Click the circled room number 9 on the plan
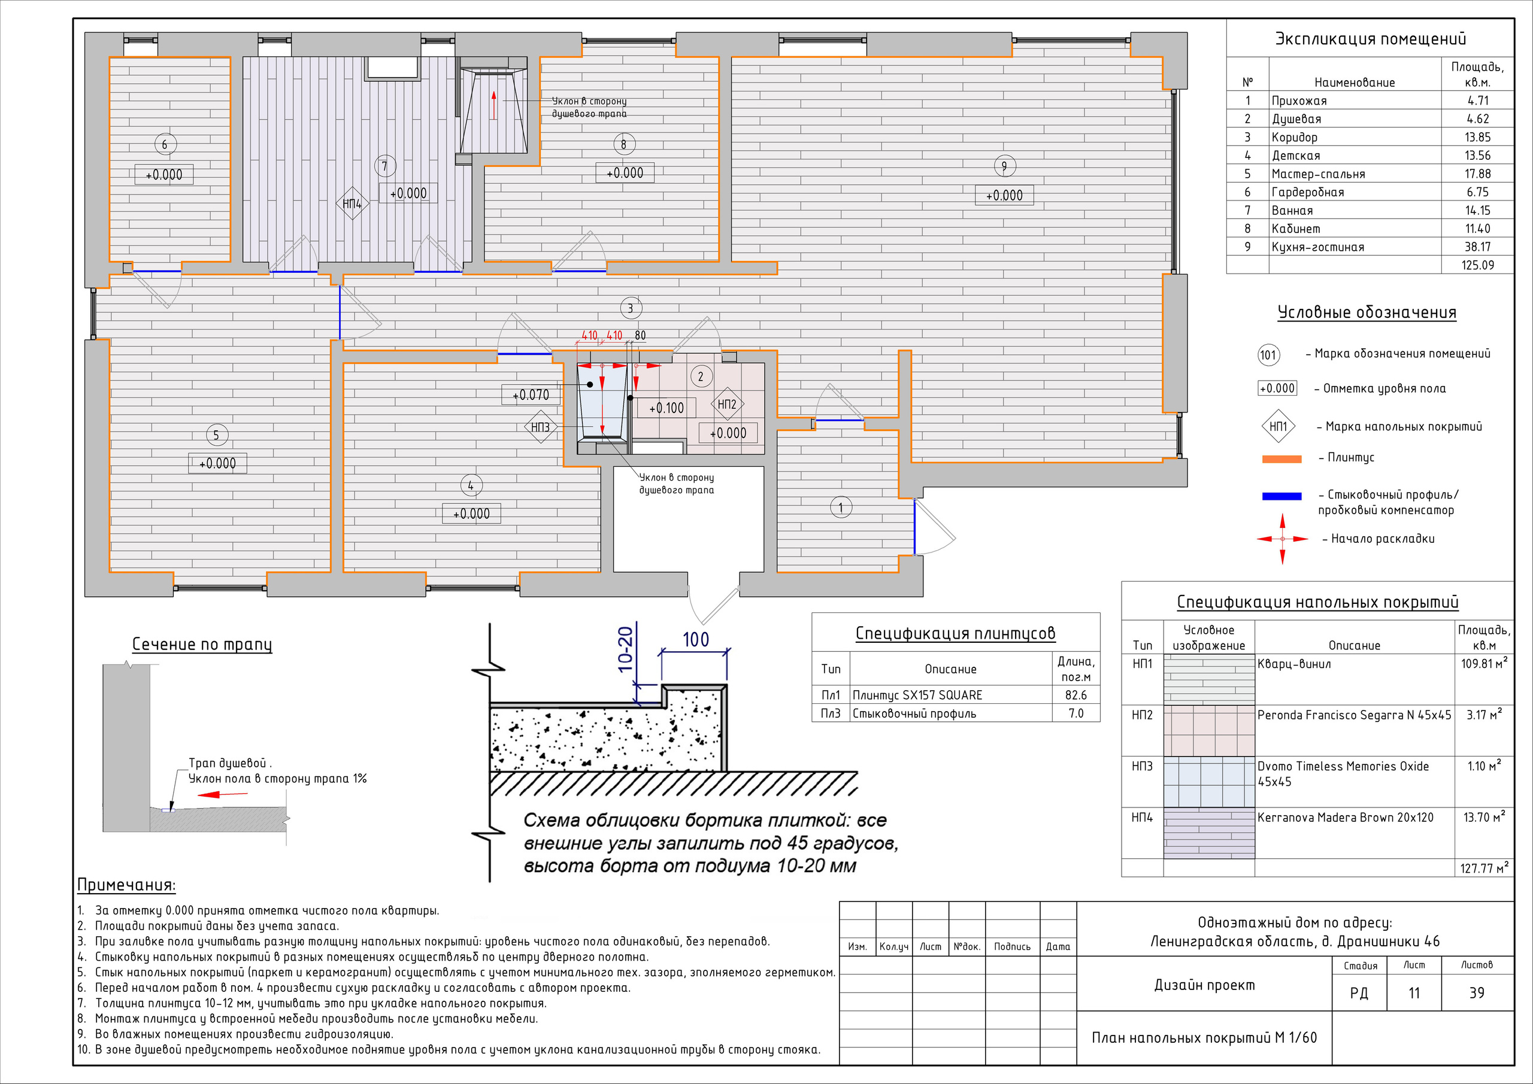click(1004, 166)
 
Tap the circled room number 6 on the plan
click(165, 144)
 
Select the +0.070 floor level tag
click(531, 394)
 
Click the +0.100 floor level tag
click(666, 407)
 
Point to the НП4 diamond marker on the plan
click(352, 204)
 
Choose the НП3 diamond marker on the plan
click(540, 427)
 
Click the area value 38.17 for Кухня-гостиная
click(1477, 246)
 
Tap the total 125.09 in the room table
click(1477, 265)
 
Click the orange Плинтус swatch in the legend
click(1281, 459)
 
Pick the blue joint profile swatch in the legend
click(1281, 496)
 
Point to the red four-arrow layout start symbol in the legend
click(1282, 539)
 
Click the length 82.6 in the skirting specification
click(1075, 695)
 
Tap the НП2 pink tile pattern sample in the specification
click(1209, 730)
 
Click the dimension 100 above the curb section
click(695, 639)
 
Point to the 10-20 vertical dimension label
click(625, 649)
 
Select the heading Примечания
click(126, 885)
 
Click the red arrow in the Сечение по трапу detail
click(223, 794)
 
